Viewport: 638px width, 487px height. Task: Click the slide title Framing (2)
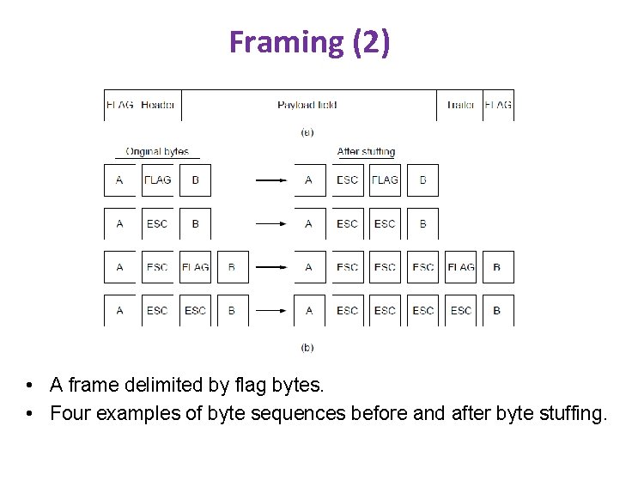[x=309, y=42]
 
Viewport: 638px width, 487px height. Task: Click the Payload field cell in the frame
[x=307, y=106]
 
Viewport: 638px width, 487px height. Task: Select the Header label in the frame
[x=158, y=106]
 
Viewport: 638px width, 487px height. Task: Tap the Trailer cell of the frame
[x=460, y=106]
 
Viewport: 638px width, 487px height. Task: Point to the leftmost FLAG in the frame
[x=119, y=106]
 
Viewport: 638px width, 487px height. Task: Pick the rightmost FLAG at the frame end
[x=498, y=106]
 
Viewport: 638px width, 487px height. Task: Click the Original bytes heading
[x=157, y=152]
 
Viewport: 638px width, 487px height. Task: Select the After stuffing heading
[x=366, y=152]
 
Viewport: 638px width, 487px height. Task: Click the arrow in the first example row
[x=271, y=180]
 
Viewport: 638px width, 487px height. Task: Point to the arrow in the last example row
[x=271, y=311]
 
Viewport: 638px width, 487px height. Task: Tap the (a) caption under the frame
[x=307, y=132]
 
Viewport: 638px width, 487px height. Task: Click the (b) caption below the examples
[x=307, y=348]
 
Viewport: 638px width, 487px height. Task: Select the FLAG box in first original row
[x=157, y=180]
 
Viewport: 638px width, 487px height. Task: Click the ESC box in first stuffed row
[x=347, y=180]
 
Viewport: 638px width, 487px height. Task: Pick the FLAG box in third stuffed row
[x=460, y=267]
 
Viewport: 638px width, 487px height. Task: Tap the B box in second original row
[x=195, y=224]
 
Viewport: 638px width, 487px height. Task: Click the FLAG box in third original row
[x=195, y=267]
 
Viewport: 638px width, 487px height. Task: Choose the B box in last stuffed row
[x=497, y=311]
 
